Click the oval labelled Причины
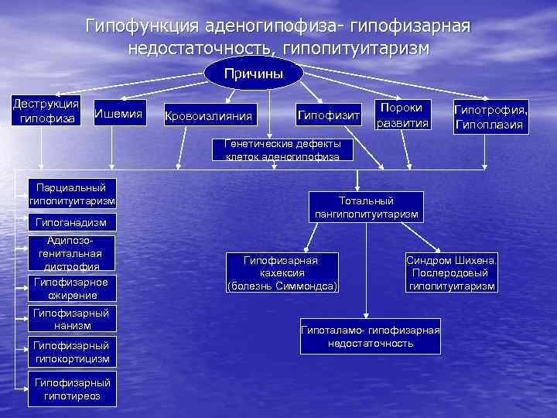[254, 74]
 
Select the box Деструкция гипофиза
[44, 111]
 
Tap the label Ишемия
[118, 115]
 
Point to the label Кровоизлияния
[209, 116]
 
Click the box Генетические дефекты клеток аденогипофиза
[282, 150]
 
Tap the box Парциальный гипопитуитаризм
[71, 194]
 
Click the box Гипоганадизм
[71, 223]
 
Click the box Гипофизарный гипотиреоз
[71, 389]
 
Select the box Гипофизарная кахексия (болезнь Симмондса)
[282, 273]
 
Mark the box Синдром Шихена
[452, 273]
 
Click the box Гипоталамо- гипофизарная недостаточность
[370, 336]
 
